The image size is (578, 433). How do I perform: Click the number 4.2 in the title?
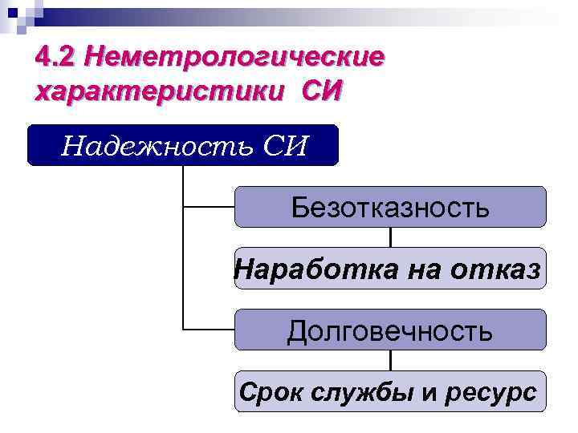[x=57, y=59]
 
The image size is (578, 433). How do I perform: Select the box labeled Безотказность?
[x=389, y=207]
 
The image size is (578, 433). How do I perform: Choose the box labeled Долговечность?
[x=389, y=330]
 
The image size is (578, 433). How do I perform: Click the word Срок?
[x=268, y=393]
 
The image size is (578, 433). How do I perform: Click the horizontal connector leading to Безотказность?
[x=209, y=207]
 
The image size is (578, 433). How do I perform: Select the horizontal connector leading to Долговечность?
[x=209, y=330]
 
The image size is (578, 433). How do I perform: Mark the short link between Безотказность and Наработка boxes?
[x=390, y=237]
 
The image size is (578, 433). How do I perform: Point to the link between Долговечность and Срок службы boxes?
[x=390, y=361]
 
